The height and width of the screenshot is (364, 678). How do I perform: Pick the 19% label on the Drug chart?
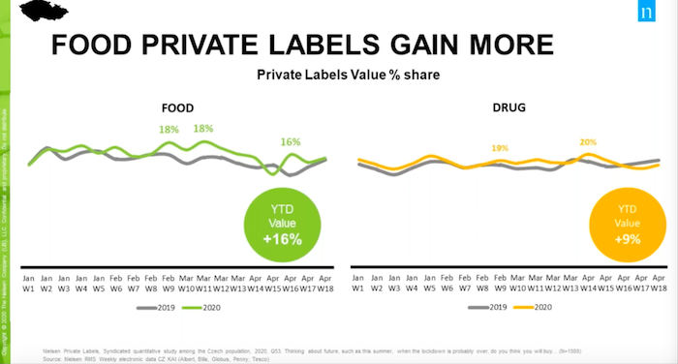click(500, 148)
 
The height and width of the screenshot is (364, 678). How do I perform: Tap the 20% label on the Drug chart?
click(587, 141)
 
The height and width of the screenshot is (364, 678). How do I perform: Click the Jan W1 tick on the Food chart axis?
click(29, 282)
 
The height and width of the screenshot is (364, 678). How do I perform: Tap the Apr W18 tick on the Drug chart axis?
click(658, 282)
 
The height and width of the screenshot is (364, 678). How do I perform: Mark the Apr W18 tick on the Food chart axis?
click(325, 282)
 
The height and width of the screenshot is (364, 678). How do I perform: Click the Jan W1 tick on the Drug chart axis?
click(358, 282)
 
